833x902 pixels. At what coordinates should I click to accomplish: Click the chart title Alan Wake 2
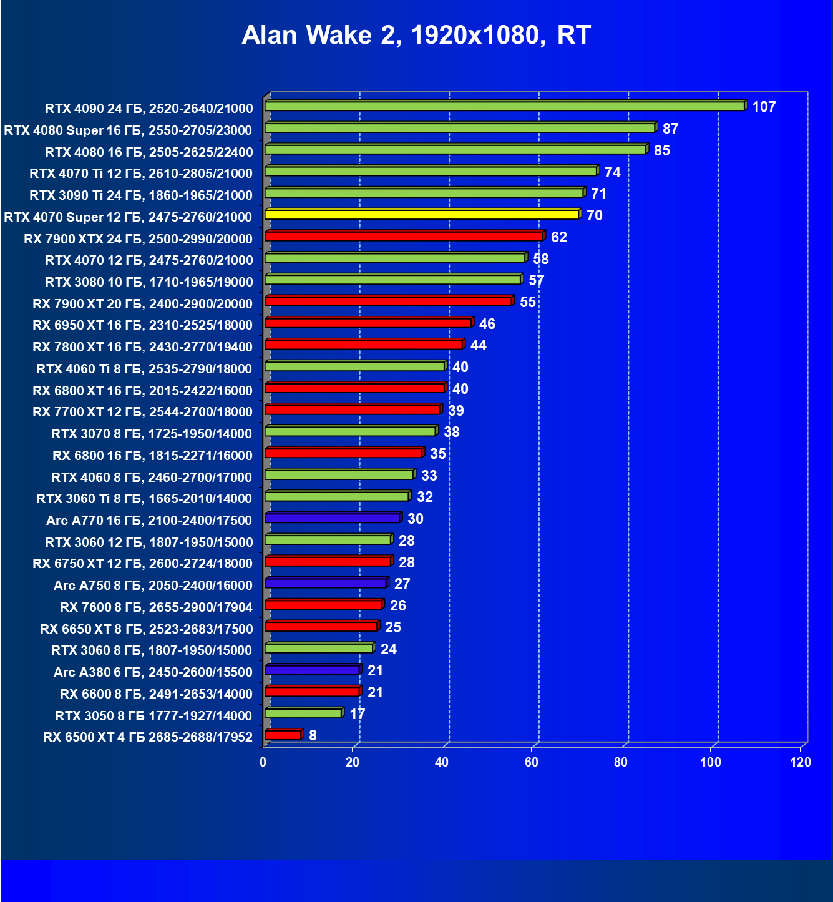[416, 36]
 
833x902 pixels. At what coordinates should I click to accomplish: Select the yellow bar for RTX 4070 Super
[422, 215]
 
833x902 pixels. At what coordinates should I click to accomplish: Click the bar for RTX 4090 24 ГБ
[505, 106]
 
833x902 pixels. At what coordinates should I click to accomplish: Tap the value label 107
[764, 107]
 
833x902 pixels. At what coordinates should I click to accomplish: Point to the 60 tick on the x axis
[532, 762]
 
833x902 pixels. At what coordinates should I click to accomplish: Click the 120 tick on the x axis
[800, 762]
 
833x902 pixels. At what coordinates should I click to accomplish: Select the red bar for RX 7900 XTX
[404, 236]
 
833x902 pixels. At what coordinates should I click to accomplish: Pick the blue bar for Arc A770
[332, 518]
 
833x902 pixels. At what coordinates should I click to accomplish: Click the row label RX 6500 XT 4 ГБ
[148, 737]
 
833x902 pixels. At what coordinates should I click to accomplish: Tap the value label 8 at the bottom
[313, 735]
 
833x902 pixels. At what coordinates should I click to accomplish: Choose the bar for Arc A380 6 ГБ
[312, 670]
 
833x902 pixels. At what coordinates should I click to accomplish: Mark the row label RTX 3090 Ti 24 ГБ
[141, 195]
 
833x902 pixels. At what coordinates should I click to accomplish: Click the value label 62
[559, 237]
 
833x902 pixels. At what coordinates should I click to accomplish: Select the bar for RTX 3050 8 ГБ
[303, 713]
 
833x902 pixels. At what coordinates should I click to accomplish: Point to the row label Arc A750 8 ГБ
[153, 586]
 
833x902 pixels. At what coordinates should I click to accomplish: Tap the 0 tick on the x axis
[263, 762]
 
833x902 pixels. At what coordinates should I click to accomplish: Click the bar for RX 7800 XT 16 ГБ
[364, 345]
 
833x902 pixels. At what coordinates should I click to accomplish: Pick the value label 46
[487, 324]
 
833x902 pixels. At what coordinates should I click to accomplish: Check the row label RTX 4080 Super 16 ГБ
[128, 130]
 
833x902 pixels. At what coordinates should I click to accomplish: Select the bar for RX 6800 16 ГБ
[344, 453]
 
